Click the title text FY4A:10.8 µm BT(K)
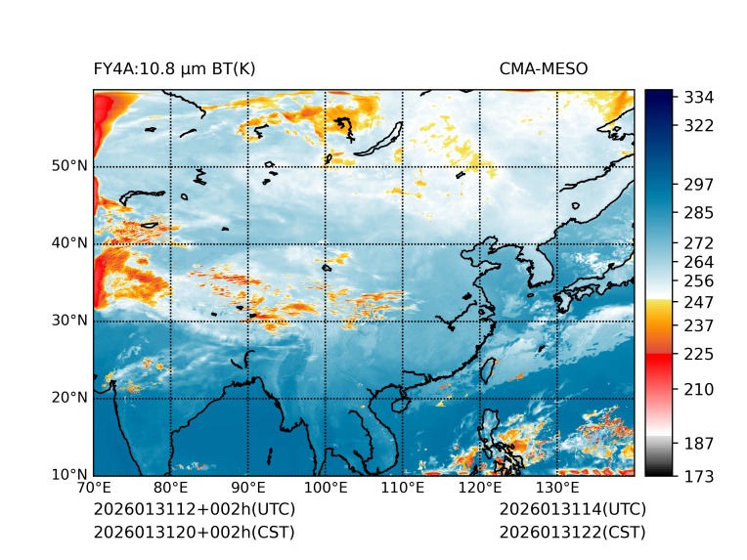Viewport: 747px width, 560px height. click(x=174, y=68)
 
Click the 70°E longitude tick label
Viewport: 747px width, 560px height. click(x=94, y=489)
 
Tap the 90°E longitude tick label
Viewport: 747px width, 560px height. click(x=248, y=489)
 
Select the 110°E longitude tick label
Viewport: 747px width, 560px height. click(x=403, y=489)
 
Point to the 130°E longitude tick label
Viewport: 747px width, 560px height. click(x=557, y=489)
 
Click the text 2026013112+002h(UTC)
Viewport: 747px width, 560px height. click(x=194, y=509)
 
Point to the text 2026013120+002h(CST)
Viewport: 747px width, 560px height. click(x=194, y=532)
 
